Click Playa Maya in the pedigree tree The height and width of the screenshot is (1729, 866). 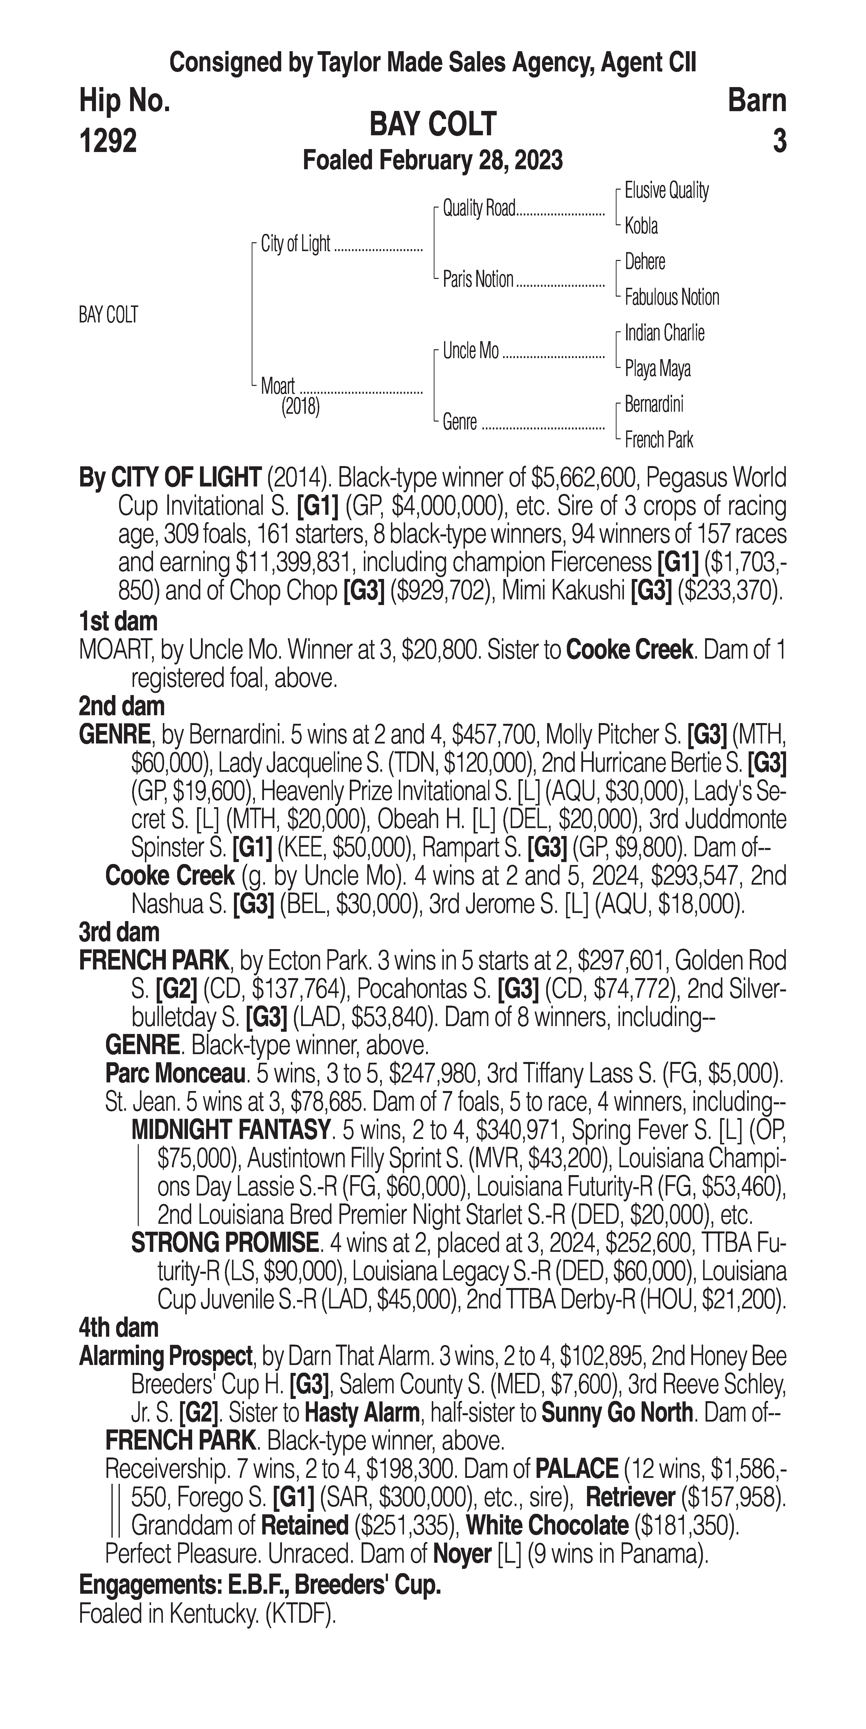click(x=657, y=368)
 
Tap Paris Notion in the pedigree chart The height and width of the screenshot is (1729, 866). click(x=477, y=279)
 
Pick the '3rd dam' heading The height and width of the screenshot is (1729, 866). click(x=119, y=932)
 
